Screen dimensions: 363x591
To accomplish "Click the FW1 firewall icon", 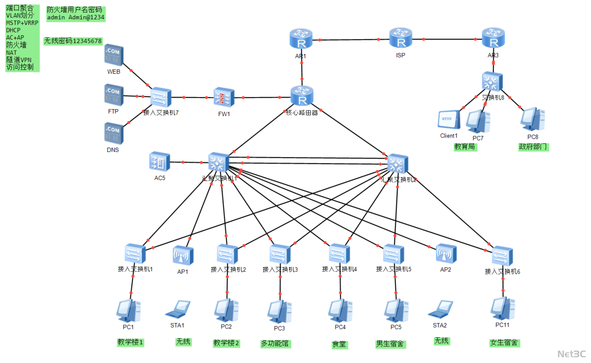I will coord(224,97).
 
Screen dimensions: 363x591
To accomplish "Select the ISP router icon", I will coord(400,38).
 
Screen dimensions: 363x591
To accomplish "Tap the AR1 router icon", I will coord(301,39).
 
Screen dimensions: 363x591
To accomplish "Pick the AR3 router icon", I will coord(493,38).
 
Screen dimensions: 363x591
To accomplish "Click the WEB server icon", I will coord(114,55).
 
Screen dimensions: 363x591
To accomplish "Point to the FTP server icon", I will coord(114,94).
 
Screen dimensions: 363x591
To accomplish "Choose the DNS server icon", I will coord(114,133).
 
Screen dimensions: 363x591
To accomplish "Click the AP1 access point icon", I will coord(183,255).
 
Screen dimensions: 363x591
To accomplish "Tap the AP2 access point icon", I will coord(446,254).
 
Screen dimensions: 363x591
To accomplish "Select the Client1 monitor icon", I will coord(449,119).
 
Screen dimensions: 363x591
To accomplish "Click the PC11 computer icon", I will coord(503,309).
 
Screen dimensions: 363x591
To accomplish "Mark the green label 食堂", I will coord(339,344).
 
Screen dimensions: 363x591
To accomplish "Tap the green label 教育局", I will coord(465,147).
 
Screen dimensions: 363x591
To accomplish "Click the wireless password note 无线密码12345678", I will coord(73,41).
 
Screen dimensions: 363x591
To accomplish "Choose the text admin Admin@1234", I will coord(76,18).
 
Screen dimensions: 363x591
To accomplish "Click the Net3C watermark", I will coord(571,354).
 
